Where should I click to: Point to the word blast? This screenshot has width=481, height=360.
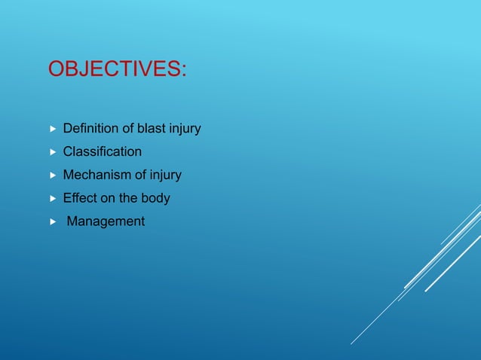(x=150, y=129)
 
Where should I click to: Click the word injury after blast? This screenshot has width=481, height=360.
(x=184, y=130)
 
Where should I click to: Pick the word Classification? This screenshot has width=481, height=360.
(x=102, y=152)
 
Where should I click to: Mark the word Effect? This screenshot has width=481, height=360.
(x=79, y=199)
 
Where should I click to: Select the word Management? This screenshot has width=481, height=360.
(x=106, y=222)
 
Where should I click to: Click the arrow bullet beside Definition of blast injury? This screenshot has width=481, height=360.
(x=52, y=130)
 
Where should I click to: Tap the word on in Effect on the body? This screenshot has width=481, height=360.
(x=106, y=199)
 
